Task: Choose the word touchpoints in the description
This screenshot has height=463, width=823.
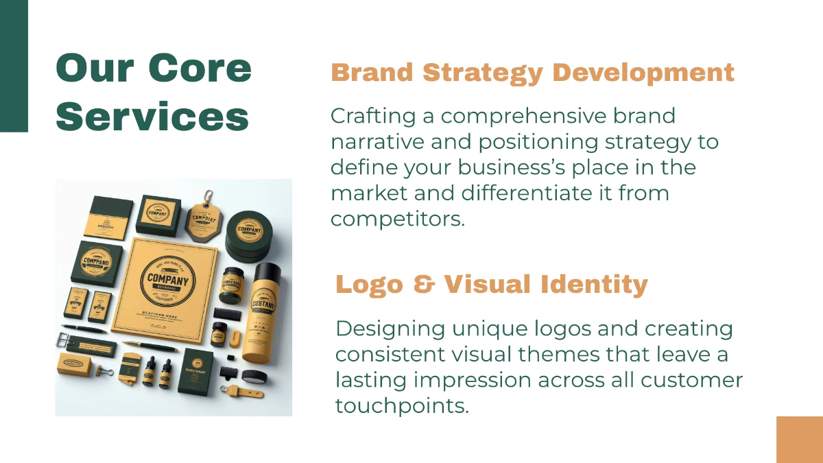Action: coord(402,405)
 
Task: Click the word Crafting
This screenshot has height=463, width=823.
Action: coord(374,116)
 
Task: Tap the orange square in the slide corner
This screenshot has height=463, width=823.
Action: coord(799,440)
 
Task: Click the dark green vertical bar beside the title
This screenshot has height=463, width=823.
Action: coord(14,65)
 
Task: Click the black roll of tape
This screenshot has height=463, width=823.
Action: coord(253,376)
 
